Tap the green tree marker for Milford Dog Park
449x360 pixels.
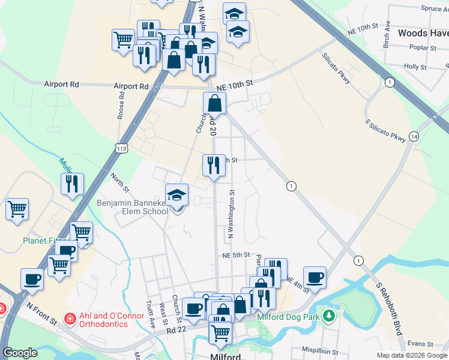pyautogui.click(x=328, y=316)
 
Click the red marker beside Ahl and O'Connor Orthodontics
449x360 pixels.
pyautogui.click(x=70, y=317)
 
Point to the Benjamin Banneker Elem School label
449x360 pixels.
pyautogui.click(x=133, y=207)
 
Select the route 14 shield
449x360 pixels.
pyautogui.click(x=414, y=136)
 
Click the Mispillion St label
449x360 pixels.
pyautogui.click(x=321, y=350)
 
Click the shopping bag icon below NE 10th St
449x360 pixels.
pyautogui.click(x=215, y=104)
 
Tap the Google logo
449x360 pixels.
pyautogui.click(x=20, y=353)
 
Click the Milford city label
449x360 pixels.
pyautogui.click(x=226, y=356)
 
